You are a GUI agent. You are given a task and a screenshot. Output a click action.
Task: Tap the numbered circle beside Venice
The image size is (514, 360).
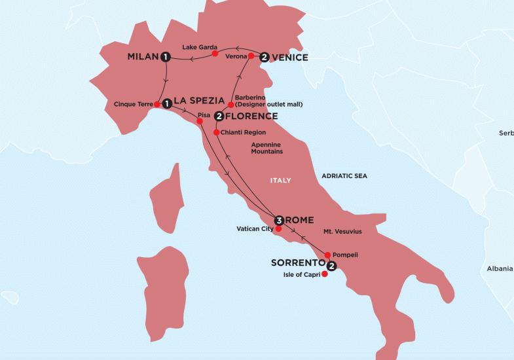(264, 57)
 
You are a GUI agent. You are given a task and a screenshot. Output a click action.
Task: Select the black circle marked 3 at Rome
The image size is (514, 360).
(280, 220)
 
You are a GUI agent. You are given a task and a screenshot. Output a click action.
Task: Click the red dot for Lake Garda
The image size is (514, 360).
(215, 54)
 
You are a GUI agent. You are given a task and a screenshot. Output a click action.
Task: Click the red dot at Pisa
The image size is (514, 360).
(200, 122)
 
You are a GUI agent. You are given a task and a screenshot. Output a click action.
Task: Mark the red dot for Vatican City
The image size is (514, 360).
(278, 229)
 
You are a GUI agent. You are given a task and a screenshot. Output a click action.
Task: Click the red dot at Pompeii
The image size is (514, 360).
(327, 254)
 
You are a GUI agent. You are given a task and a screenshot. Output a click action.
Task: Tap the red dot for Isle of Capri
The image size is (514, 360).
(325, 274)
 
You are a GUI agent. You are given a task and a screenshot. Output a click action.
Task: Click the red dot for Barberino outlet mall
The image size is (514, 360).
(230, 105)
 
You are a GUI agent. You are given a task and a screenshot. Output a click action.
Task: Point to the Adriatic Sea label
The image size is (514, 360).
(344, 176)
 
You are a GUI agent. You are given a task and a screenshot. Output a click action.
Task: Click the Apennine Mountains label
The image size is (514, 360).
(267, 147)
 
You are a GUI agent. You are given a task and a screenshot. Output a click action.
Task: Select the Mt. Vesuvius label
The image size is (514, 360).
(342, 232)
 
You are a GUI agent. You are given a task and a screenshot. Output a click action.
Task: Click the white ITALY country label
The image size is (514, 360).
(280, 180)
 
